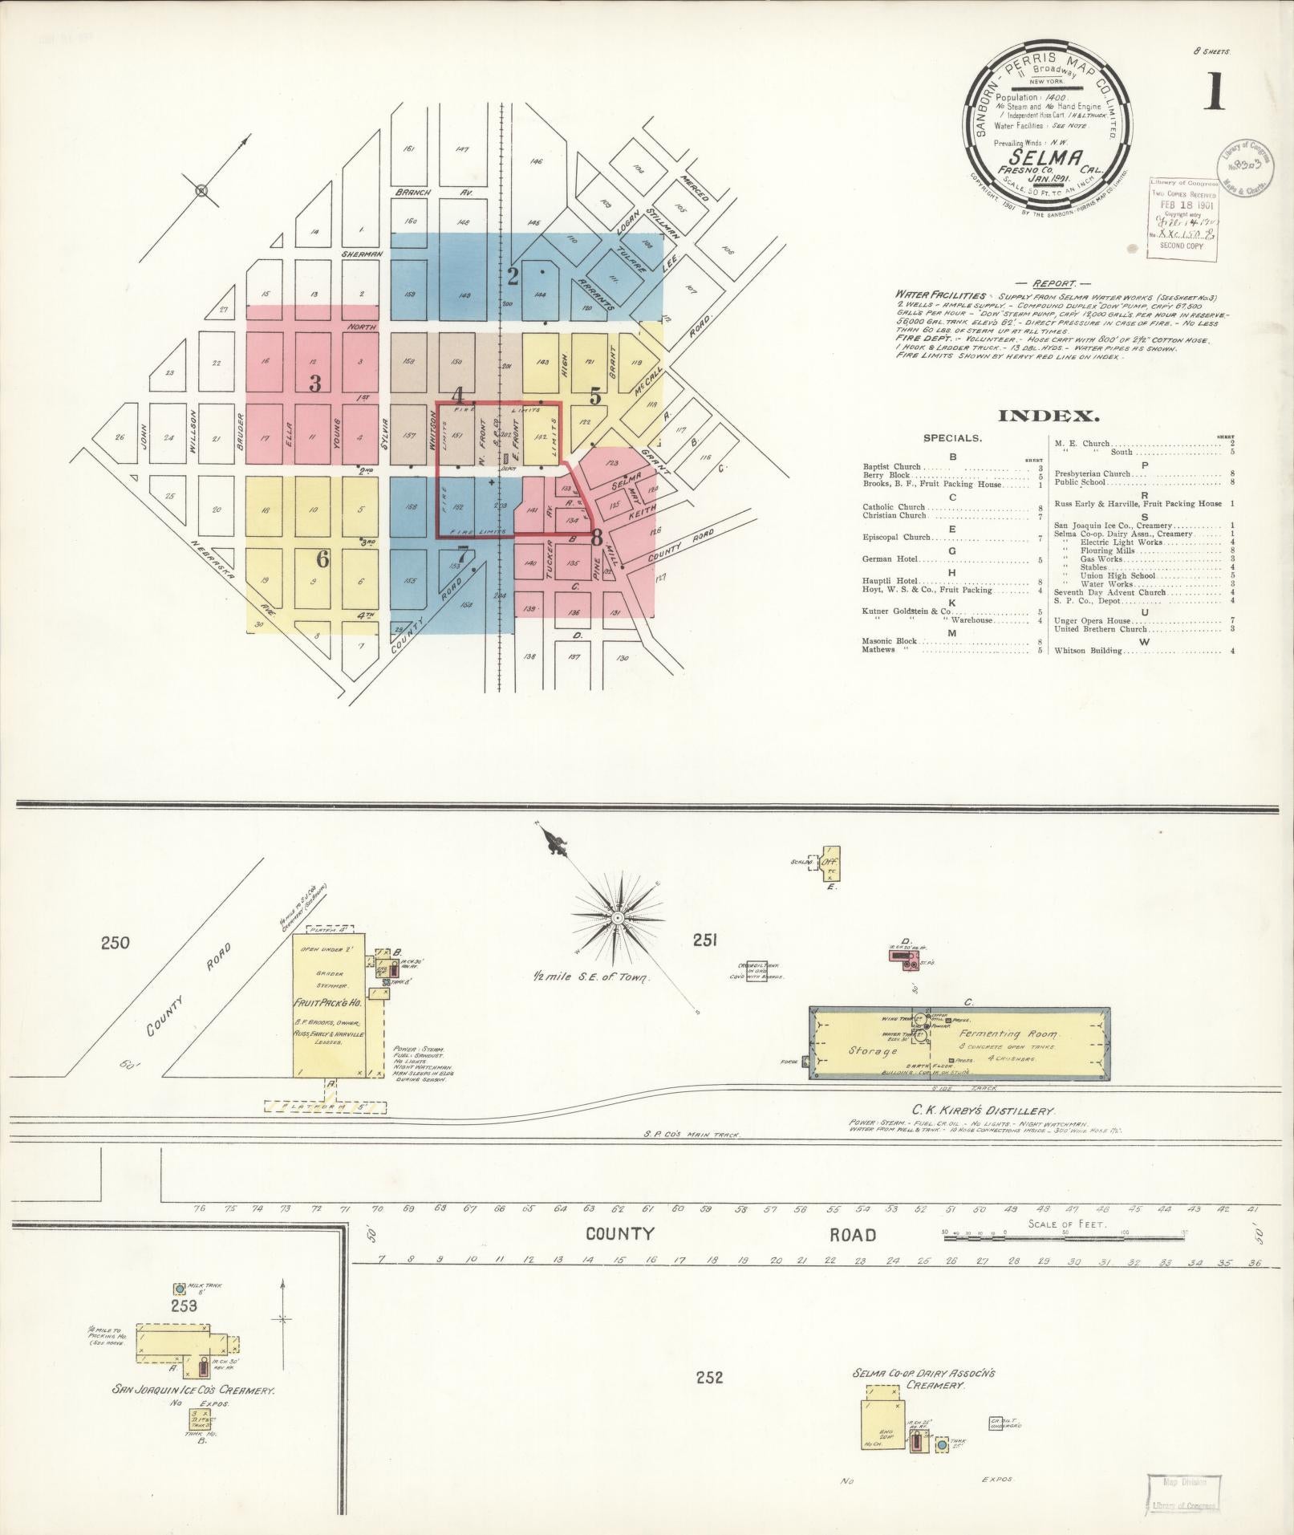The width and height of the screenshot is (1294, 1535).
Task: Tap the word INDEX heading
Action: point(1048,416)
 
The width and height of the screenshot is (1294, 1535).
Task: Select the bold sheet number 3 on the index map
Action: point(315,384)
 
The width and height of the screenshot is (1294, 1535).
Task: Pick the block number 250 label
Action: point(115,942)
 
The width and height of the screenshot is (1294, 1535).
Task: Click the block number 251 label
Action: point(704,940)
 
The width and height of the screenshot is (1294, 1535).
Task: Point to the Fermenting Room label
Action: point(1008,1034)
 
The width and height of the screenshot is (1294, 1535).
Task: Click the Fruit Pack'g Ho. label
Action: point(328,1003)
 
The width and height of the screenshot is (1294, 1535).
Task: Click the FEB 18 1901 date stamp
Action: point(1183,204)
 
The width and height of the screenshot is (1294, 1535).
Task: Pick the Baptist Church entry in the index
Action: point(892,466)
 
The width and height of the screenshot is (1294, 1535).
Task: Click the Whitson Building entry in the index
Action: point(1089,651)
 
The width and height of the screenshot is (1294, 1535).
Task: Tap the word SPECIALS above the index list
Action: point(952,438)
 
